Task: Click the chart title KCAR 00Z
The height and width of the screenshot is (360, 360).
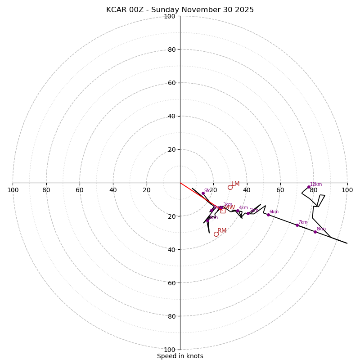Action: click(180, 10)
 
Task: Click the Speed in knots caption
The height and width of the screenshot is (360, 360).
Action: click(180, 356)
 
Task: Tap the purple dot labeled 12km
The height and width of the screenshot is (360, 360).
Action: click(309, 187)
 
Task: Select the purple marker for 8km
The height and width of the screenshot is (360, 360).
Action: click(315, 232)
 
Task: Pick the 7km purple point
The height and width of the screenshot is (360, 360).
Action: click(297, 225)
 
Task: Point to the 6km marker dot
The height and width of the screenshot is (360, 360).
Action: click(268, 215)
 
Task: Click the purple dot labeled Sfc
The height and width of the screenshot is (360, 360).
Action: click(203, 193)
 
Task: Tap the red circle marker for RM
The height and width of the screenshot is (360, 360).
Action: click(216, 234)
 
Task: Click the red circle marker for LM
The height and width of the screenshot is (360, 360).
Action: click(230, 187)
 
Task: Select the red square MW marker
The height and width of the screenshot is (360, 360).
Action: click(223, 210)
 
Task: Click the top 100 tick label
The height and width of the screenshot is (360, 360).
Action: click(170, 16)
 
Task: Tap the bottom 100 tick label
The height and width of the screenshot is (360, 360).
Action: click(170, 350)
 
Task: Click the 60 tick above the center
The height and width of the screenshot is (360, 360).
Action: click(171, 83)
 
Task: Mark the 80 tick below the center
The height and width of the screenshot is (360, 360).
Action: click(171, 316)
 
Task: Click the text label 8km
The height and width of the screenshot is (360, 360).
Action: click(321, 229)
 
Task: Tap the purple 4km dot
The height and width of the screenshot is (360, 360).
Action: click(238, 211)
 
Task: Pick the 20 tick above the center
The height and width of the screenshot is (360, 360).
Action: click(171, 149)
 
